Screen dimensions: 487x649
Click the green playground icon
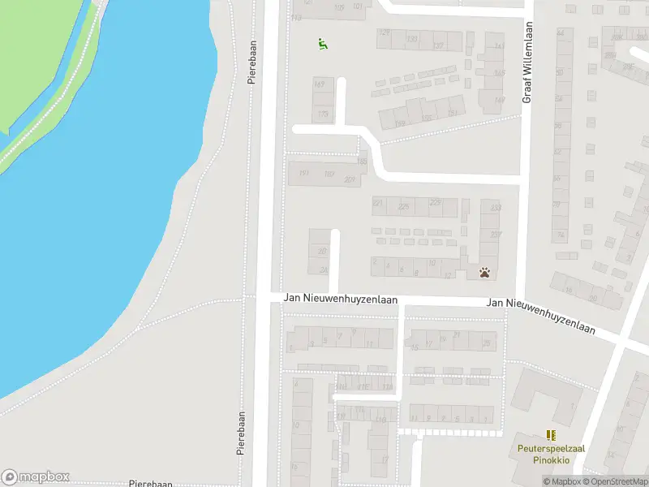point(322,44)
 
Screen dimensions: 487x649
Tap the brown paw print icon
point(484,273)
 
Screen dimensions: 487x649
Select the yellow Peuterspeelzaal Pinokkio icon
point(551,436)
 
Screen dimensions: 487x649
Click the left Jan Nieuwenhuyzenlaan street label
point(341,299)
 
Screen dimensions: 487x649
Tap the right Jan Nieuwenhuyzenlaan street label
point(540,316)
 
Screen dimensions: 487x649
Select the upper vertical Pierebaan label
point(252,60)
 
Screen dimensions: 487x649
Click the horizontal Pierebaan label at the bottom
point(151,483)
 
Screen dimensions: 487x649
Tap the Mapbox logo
point(35,477)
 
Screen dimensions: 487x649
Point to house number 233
point(496,209)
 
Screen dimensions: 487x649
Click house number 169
point(400,123)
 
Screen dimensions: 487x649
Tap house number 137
point(438,45)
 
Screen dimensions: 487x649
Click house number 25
point(486,343)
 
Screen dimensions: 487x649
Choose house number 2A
point(323,271)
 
